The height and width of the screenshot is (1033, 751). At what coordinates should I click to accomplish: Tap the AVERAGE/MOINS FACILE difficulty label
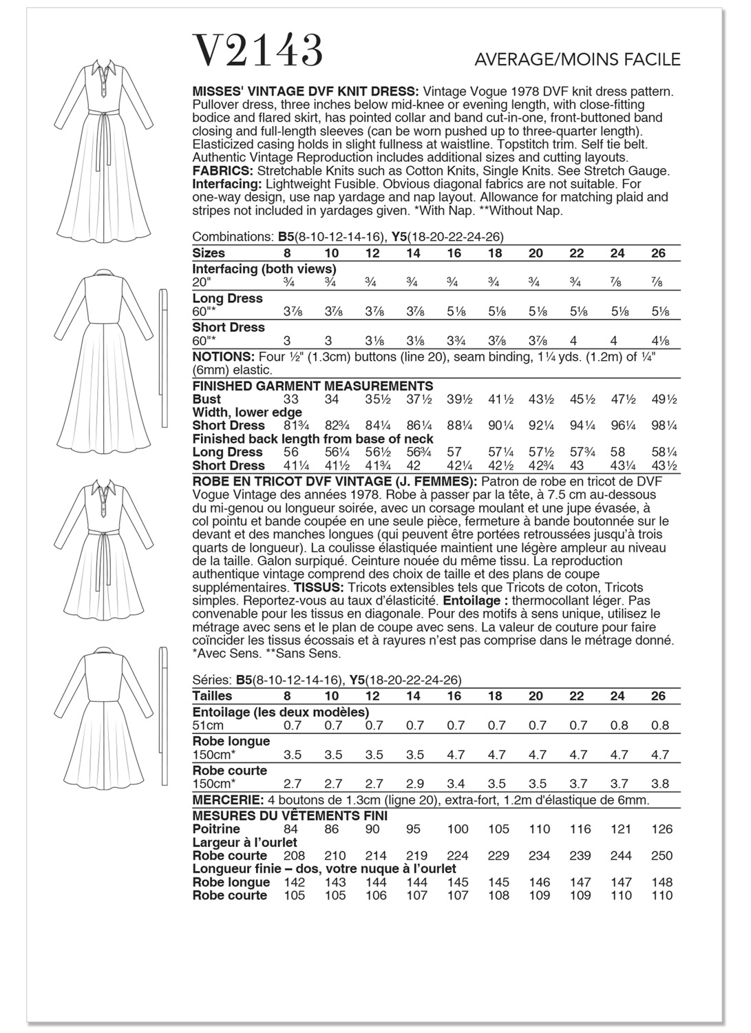pos(578,60)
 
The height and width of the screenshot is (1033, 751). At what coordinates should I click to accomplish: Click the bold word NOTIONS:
pos(224,357)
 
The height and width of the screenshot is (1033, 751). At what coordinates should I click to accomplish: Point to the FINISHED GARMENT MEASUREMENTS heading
pos(313,386)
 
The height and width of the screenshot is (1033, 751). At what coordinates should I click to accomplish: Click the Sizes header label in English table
pos(209,253)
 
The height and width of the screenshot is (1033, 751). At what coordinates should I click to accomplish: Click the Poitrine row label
pos(216,829)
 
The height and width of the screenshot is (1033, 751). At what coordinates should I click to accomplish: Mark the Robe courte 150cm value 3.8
pos(659,784)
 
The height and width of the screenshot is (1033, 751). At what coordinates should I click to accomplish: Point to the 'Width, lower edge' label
pos(247,413)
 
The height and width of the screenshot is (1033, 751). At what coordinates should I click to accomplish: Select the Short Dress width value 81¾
pos(293,426)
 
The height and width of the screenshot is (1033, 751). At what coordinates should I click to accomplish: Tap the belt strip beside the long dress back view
pos(164,351)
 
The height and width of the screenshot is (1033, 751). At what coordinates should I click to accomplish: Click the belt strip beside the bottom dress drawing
pos(164,716)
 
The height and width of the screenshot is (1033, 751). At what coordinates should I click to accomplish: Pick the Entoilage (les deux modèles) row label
pos(280,712)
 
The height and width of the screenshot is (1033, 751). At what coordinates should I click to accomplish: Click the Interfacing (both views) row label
pos(264,269)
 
